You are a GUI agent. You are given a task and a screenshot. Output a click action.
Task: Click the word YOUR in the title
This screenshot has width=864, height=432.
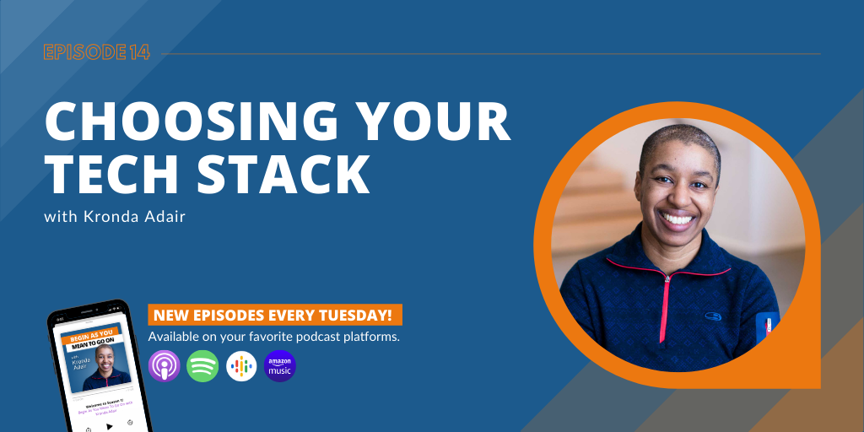click(434, 122)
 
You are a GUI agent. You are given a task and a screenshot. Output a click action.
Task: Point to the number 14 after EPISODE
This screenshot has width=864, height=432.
click(140, 52)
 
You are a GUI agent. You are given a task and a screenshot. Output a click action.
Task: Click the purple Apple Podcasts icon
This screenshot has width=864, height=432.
click(164, 366)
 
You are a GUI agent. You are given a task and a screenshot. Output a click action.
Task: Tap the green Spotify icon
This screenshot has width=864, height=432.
click(202, 366)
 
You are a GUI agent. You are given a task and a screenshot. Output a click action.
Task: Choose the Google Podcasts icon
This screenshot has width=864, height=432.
click(241, 366)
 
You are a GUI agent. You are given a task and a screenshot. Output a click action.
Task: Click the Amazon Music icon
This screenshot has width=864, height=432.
click(280, 366)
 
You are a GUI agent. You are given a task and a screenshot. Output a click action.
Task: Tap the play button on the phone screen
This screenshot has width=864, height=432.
click(109, 426)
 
